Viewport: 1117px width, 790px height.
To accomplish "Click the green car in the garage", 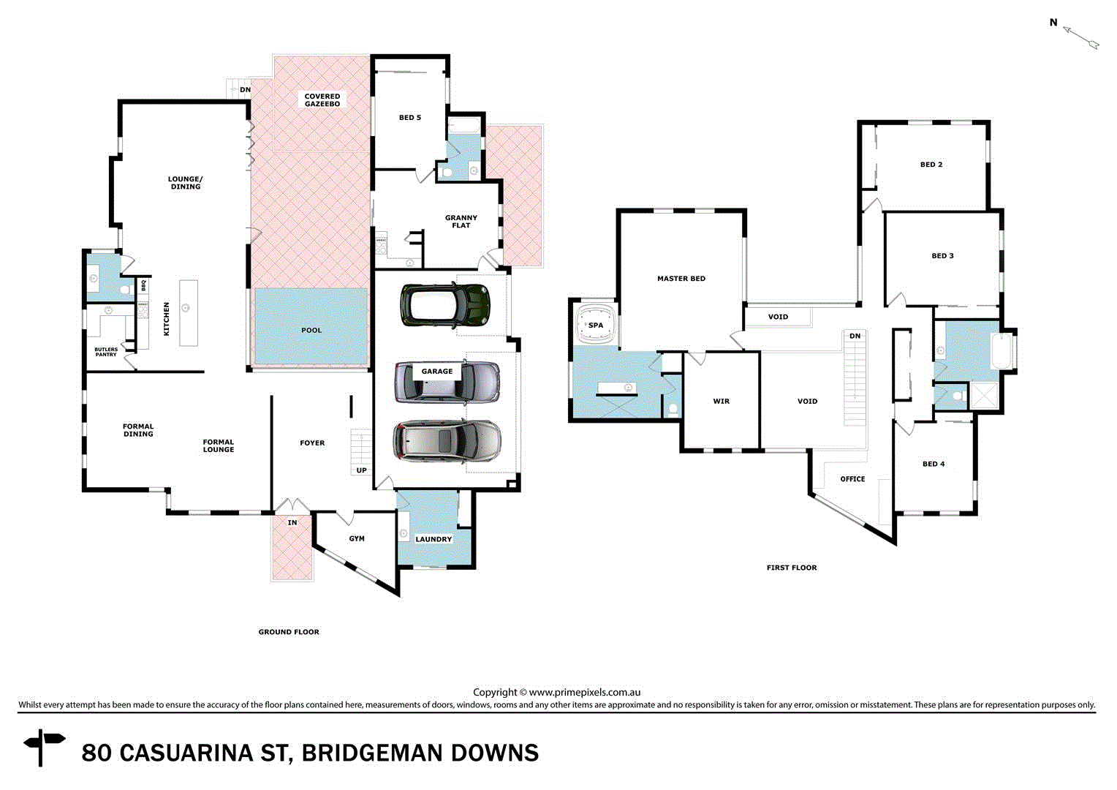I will pyautogui.click(x=444, y=305).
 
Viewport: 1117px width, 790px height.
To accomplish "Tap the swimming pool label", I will pyautogui.click(x=311, y=331).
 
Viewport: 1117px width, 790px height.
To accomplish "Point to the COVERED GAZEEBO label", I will pyautogui.click(x=322, y=100).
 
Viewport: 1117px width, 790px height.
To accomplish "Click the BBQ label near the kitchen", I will pyautogui.click(x=144, y=285).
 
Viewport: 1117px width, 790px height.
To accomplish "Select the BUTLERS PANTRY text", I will pyautogui.click(x=106, y=352).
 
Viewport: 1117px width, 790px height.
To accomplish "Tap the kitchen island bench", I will pyautogui.click(x=189, y=312).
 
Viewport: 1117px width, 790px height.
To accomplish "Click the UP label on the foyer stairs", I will pyautogui.click(x=362, y=470).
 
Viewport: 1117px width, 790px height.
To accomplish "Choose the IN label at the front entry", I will pyautogui.click(x=292, y=523).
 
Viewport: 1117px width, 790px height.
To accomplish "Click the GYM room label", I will pyautogui.click(x=357, y=539).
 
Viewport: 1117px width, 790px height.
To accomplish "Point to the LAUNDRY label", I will pyautogui.click(x=433, y=539).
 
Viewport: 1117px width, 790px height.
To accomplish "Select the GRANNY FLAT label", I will pyautogui.click(x=461, y=222).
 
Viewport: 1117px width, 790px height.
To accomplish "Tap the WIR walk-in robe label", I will pyautogui.click(x=722, y=402).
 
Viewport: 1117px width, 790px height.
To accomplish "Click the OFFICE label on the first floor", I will pyautogui.click(x=852, y=479).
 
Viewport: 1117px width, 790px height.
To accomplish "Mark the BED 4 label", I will pyautogui.click(x=934, y=464).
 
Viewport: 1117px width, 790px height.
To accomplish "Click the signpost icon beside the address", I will pyautogui.click(x=44, y=746).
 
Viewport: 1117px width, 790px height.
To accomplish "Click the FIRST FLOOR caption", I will pyautogui.click(x=792, y=568).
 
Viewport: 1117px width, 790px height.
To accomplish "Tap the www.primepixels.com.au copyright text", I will pyautogui.click(x=584, y=692).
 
